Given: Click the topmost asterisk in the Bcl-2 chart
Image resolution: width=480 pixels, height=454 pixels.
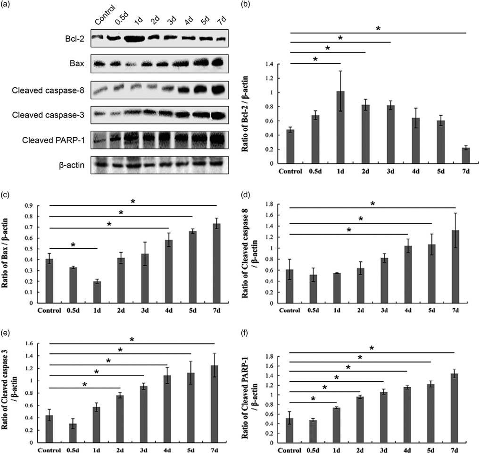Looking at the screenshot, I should coord(378,29).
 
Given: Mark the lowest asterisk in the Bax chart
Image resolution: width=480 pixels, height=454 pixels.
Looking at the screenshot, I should coord(73,245).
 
